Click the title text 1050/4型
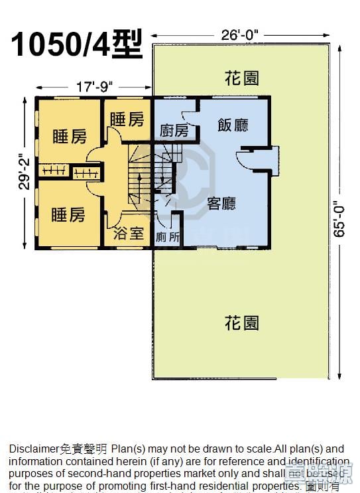pos(77,44)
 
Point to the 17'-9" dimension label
pos(95,86)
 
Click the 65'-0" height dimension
pos(341,218)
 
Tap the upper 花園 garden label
pos(241,78)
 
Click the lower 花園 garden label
pos(241,323)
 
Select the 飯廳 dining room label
pos(233,124)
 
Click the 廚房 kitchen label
pos(174,131)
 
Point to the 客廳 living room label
pos(221,203)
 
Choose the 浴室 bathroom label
pos(129,234)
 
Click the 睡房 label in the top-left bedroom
pos(69,137)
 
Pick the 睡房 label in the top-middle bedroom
pos(127,119)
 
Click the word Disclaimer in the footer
pos(33,449)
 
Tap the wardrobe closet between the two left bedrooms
pos(53,171)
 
